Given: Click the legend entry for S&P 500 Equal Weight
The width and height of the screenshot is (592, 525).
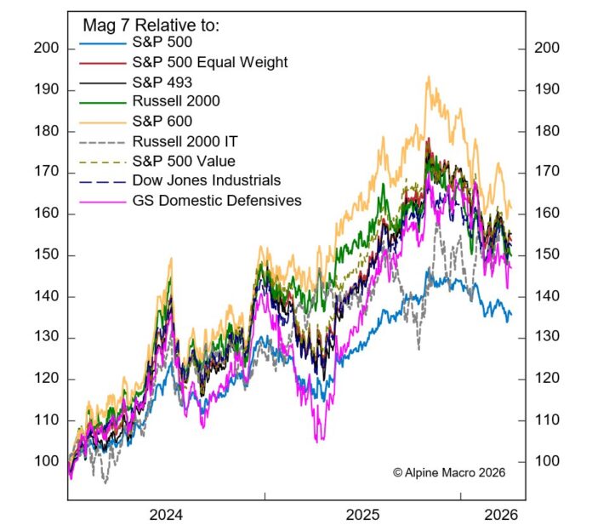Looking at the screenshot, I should coord(210,62).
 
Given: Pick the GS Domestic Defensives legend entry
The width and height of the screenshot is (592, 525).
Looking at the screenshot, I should coord(216,201).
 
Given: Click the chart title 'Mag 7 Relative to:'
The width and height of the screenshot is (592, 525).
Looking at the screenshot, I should coord(150,26).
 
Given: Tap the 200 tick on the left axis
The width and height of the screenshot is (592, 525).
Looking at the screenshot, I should coord(46,49).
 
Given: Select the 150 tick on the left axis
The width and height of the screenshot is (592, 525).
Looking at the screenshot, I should coord(46,255).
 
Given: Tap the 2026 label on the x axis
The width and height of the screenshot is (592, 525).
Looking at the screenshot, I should coord(498,515).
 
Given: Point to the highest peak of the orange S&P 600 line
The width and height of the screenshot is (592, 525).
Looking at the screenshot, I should coord(428,77).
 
